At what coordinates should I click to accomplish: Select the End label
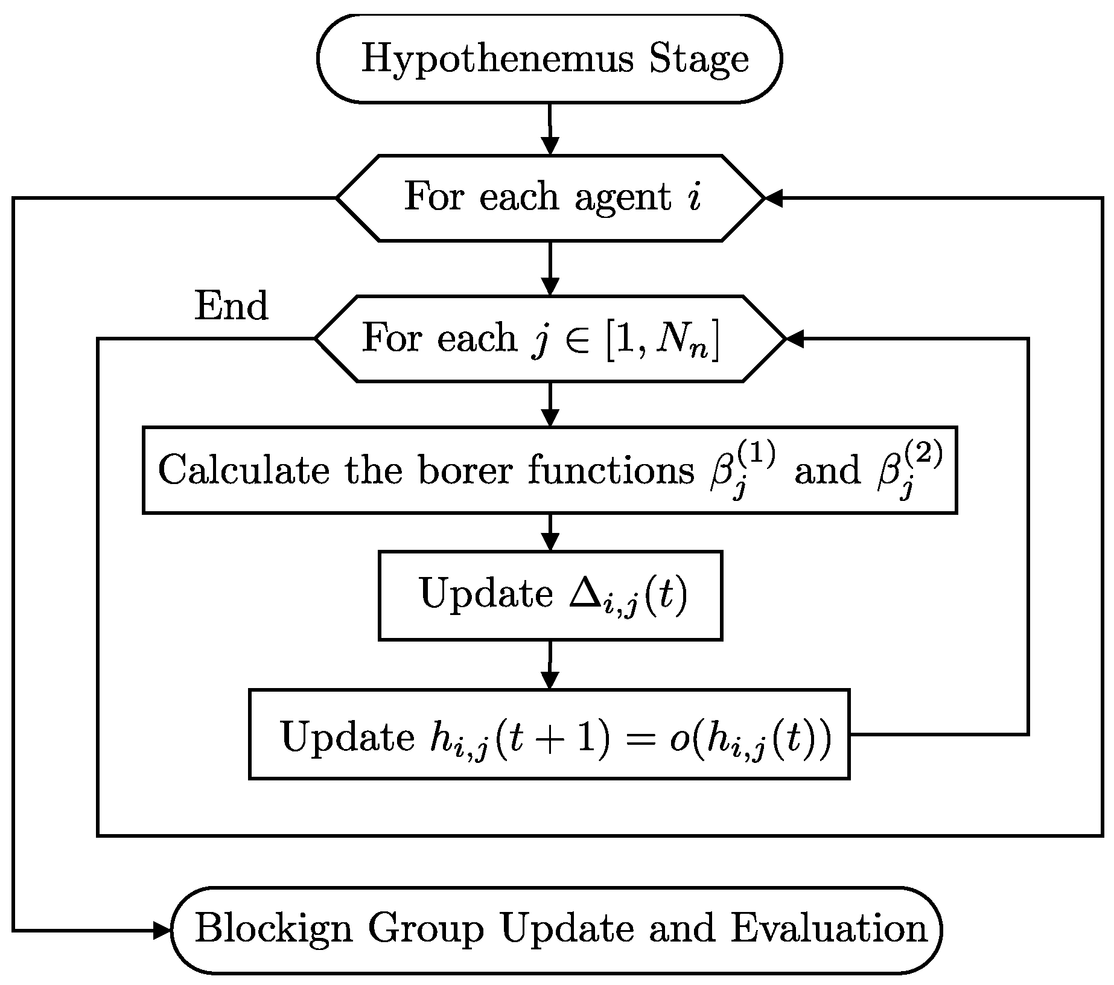[x=231, y=306]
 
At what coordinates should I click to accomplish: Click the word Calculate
[x=244, y=470]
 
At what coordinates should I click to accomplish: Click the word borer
[x=468, y=470]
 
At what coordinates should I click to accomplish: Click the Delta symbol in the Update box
[x=583, y=595]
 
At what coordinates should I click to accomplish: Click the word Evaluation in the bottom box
[x=829, y=929]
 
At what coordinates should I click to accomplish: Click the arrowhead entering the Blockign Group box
[x=162, y=930]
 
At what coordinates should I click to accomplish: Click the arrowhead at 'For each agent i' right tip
[x=774, y=198]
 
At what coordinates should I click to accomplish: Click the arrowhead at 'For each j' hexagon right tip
[x=795, y=339]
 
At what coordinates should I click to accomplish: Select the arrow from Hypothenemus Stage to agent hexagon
[x=550, y=129]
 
